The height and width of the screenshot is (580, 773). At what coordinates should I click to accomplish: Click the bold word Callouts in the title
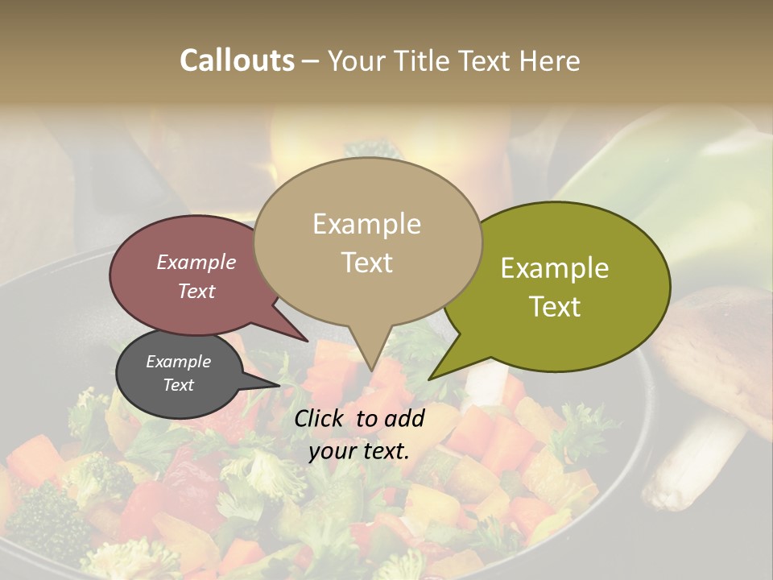[x=237, y=60]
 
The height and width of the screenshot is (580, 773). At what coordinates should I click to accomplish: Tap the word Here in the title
[x=548, y=60]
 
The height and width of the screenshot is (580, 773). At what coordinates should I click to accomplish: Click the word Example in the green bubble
[x=555, y=268]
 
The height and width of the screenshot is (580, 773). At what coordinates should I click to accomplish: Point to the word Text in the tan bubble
[x=367, y=263]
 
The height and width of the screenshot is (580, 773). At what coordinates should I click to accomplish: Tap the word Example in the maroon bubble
[x=196, y=262]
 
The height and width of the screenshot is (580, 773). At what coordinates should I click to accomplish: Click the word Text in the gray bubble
[x=179, y=385]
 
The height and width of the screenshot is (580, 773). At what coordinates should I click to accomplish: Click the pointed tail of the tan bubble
[x=371, y=367]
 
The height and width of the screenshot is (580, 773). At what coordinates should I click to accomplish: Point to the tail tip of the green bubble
[x=431, y=378]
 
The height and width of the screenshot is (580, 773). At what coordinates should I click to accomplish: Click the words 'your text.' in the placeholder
[x=358, y=451]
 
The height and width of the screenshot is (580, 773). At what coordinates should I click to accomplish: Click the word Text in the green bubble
[x=556, y=307]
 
